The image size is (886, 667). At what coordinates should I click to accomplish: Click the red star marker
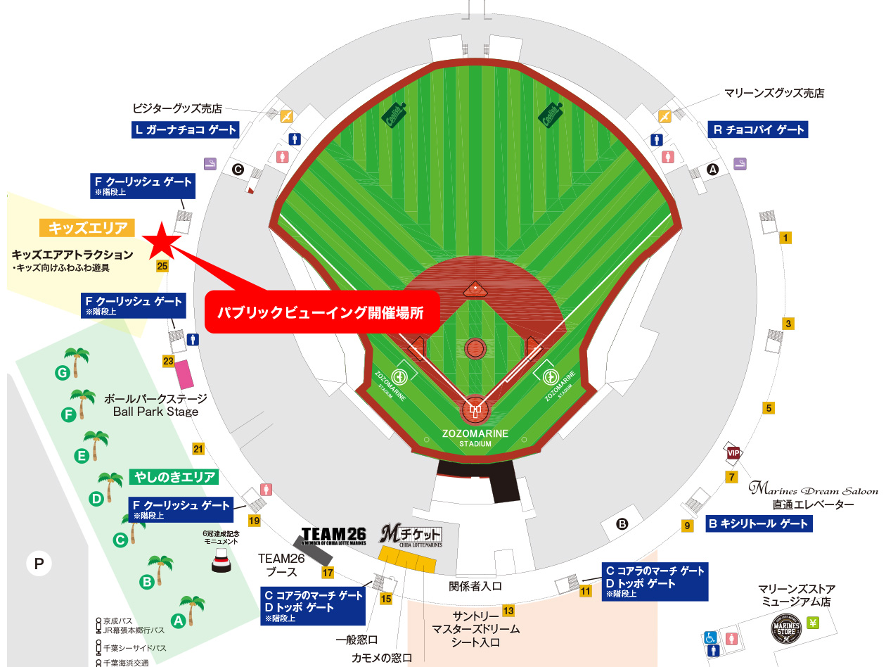coord(161,240)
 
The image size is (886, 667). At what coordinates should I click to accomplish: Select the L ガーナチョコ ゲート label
coord(186,129)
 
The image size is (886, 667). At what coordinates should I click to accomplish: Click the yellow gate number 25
coord(162,267)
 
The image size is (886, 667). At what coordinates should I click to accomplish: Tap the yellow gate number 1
coord(786,238)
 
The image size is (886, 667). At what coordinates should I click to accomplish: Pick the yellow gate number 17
coord(328,573)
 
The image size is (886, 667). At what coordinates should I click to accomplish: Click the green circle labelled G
coord(63,372)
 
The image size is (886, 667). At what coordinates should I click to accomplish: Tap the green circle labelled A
coord(178,621)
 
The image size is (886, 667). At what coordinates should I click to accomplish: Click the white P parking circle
coord(39,563)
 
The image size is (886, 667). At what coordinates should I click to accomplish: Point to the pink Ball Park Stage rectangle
coord(184,374)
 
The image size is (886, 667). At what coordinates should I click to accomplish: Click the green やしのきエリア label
coord(174,477)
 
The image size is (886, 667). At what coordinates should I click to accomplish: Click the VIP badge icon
coord(733,452)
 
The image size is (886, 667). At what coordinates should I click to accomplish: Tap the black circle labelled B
coord(622,523)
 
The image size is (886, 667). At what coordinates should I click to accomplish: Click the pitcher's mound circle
coord(475,348)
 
